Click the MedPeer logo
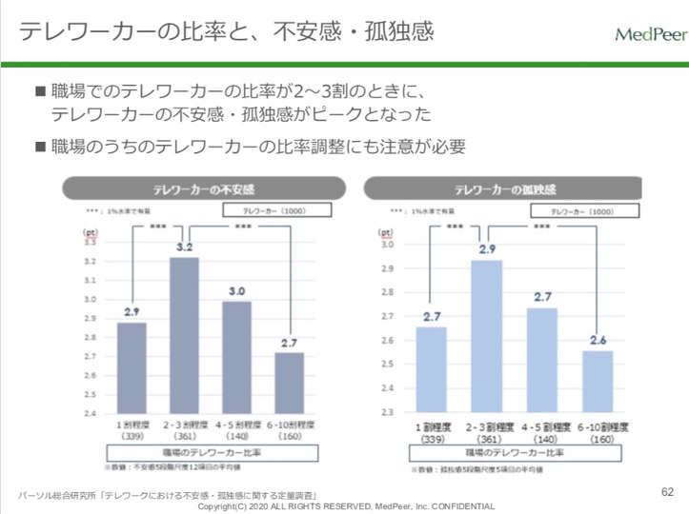[650, 35]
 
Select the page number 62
[667, 492]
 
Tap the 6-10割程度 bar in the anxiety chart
[290, 383]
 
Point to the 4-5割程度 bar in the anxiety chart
[236, 357]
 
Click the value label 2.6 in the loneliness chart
[598, 340]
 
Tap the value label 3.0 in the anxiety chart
[236, 290]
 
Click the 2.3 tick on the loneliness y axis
[387, 413]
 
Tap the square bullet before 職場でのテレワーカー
[40, 92]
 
